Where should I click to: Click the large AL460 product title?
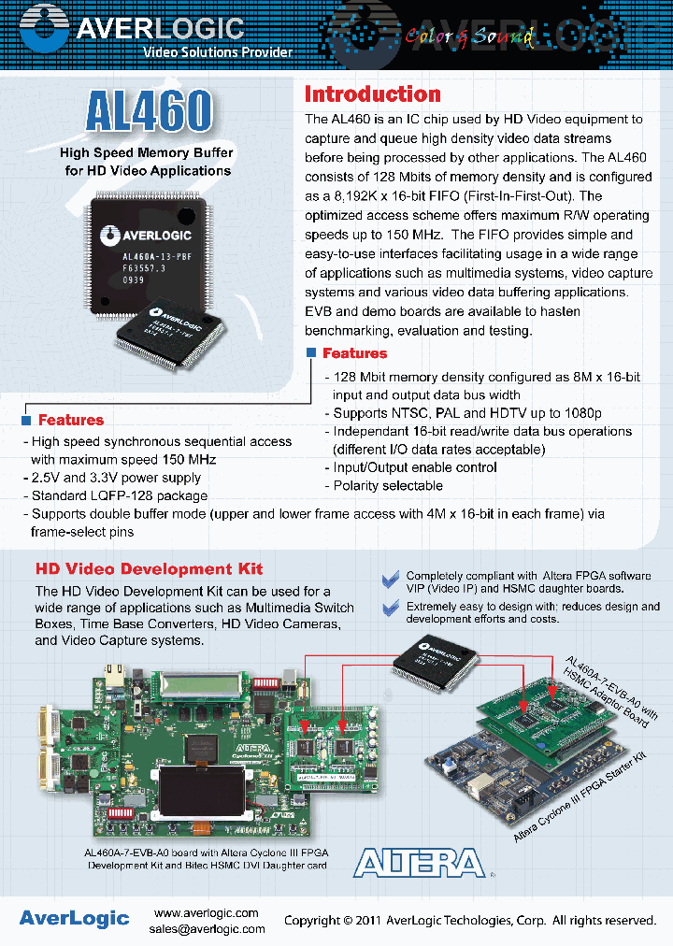149,112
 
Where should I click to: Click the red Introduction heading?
372,94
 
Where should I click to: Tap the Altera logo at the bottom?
419,862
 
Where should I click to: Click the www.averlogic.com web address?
206,912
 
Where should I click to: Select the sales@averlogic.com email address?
207,929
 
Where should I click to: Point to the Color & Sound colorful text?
469,37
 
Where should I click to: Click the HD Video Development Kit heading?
149,568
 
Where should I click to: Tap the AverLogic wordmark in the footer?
74,918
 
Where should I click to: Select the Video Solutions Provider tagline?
217,52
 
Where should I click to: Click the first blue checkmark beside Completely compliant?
391,580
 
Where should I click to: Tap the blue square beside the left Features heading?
26,421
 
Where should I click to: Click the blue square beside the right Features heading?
311,352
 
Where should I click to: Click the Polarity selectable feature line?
388,486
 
